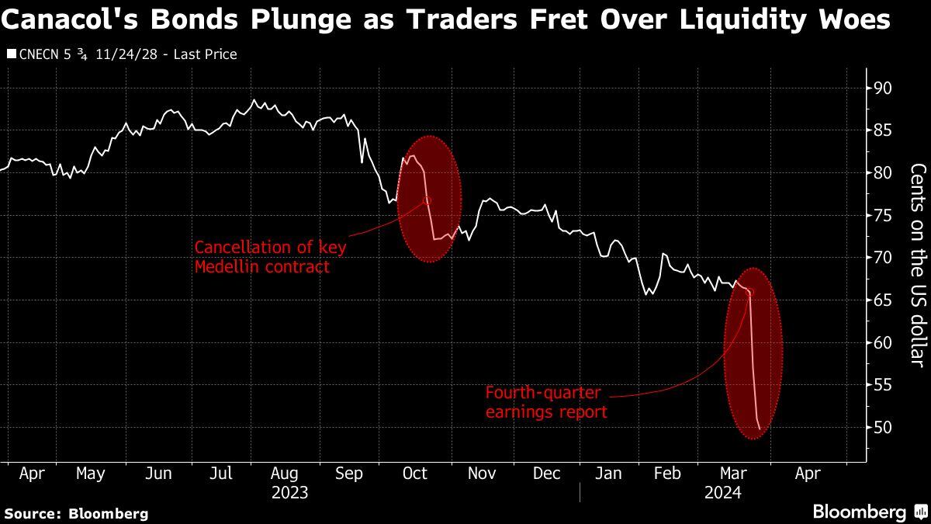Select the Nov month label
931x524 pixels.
pos(482,473)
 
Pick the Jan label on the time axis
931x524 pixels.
pos(608,473)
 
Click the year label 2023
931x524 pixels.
pos(290,492)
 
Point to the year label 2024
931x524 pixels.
pos(723,492)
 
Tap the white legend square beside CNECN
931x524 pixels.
pos(11,54)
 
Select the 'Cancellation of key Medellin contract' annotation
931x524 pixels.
pos(271,257)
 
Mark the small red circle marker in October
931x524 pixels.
pos(426,200)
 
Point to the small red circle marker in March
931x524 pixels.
pos(749,292)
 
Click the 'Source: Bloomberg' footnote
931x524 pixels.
pos(76,513)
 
